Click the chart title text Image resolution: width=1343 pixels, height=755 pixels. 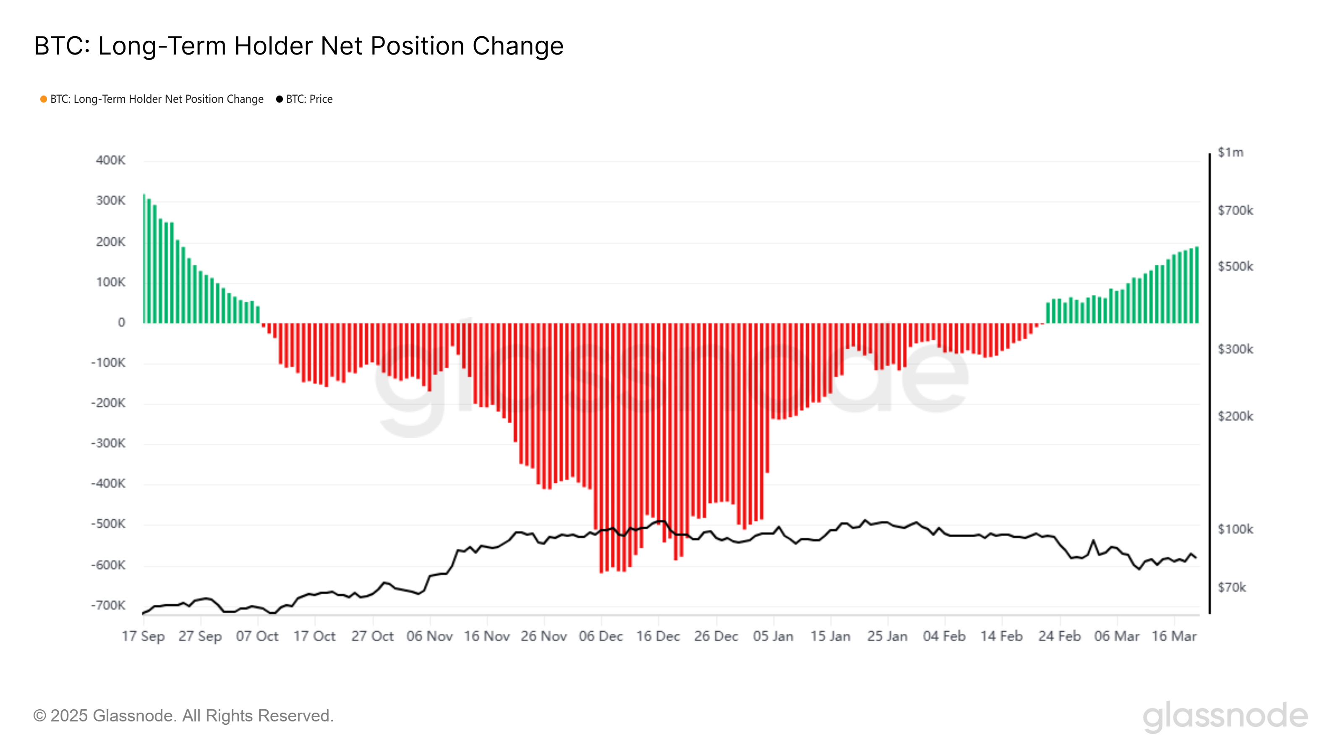tap(299, 46)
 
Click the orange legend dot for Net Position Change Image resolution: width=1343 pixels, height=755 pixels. tap(44, 99)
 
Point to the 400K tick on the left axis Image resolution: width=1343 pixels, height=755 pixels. tap(110, 160)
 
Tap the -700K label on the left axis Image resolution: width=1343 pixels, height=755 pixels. tap(108, 605)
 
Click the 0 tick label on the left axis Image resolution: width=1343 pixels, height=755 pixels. tap(121, 323)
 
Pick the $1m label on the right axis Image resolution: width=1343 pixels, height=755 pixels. tap(1231, 152)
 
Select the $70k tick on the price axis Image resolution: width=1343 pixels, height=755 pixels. tap(1231, 587)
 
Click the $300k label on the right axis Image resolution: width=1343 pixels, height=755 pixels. tap(1235, 349)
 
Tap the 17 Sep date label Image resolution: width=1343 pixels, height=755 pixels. tap(144, 636)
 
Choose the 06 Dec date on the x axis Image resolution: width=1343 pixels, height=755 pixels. tap(601, 636)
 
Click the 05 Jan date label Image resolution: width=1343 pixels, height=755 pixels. tap(773, 636)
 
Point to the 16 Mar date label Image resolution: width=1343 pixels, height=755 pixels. tap(1174, 636)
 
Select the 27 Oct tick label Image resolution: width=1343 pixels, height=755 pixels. tap(372, 636)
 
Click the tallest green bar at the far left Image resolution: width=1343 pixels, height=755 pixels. tap(144, 259)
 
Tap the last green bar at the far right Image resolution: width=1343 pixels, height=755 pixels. tap(1197, 285)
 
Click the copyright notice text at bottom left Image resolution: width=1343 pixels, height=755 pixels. tap(183, 716)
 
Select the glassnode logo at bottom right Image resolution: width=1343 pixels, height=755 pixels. tap(1225, 716)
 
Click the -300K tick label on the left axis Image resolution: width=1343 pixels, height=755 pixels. tap(108, 443)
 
